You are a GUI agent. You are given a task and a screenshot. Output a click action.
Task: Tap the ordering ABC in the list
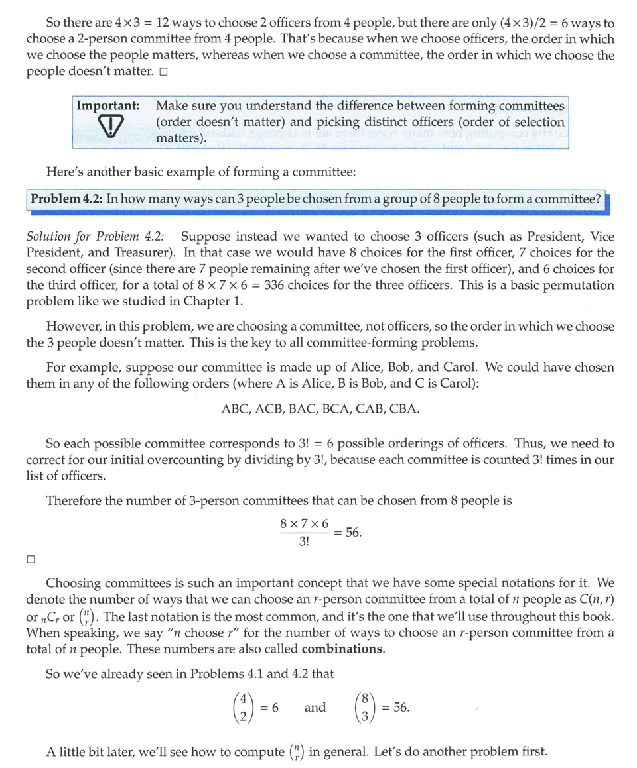pos(235,409)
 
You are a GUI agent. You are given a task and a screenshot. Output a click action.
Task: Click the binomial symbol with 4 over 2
pos(244,707)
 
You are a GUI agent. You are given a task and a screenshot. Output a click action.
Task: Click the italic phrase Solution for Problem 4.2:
pos(97,237)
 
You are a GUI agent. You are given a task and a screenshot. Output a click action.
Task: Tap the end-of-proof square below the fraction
pos(31,559)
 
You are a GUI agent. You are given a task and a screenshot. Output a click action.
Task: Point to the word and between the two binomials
pos(315,708)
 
